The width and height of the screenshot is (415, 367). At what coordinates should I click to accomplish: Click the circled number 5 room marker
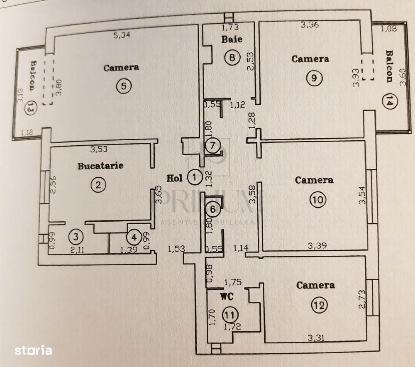click(124, 86)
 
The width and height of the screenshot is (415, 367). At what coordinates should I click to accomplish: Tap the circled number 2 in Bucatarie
click(98, 185)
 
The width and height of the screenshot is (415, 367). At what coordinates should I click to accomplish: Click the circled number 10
click(318, 200)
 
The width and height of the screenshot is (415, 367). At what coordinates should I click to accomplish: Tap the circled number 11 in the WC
click(229, 314)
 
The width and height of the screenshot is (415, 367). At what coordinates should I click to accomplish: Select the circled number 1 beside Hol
click(194, 178)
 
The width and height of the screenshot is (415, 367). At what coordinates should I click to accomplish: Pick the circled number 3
click(76, 237)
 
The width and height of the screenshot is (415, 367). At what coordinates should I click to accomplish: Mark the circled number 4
click(133, 237)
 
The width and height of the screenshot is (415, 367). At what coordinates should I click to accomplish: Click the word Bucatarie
click(100, 166)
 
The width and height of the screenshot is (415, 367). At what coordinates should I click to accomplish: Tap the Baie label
click(232, 40)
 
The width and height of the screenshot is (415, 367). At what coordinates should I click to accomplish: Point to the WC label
click(227, 297)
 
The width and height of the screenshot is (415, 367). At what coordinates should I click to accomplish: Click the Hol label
click(175, 179)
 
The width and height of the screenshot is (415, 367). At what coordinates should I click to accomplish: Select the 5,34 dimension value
click(121, 35)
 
